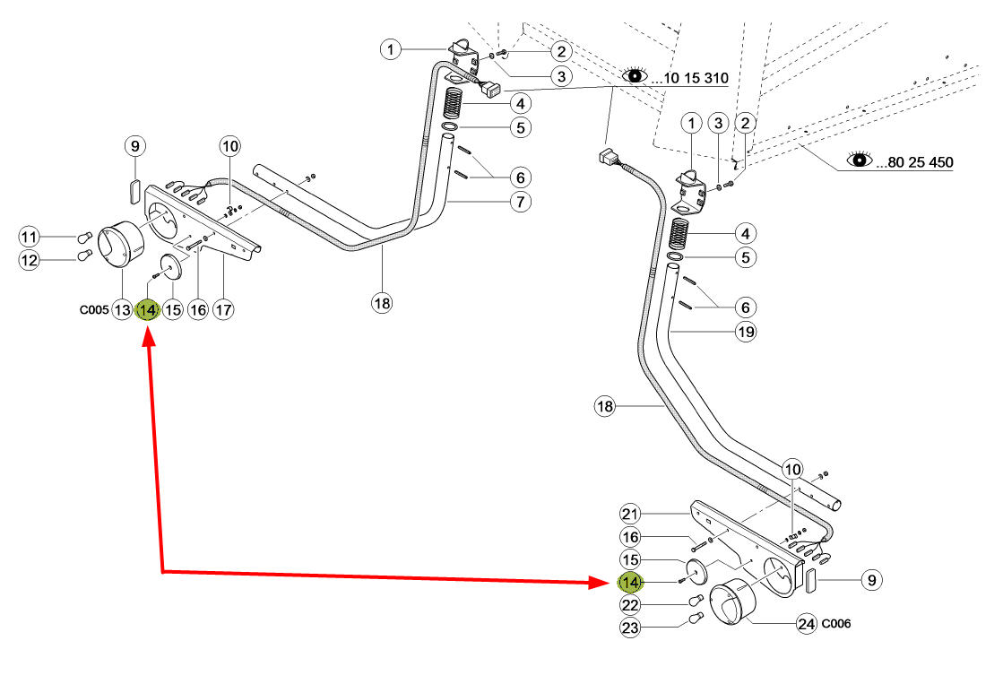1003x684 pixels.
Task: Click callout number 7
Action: tap(521, 202)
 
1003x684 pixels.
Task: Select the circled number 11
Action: tap(29, 237)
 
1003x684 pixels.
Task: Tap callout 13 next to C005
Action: tap(122, 310)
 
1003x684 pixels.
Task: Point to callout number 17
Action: tap(223, 310)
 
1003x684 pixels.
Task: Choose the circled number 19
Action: tap(746, 332)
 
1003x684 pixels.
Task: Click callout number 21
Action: tap(630, 514)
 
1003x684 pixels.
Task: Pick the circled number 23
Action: tap(630, 628)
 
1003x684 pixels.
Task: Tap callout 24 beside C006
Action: tap(807, 623)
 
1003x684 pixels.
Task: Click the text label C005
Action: tap(94, 309)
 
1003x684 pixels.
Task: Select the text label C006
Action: tap(836, 623)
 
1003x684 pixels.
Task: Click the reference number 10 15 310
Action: tap(696, 78)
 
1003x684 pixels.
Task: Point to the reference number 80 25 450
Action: tap(921, 162)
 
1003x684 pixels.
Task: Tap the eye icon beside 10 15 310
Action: tap(635, 75)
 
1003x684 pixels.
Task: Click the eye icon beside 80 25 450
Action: tap(860, 159)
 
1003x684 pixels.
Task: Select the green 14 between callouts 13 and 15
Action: tap(148, 310)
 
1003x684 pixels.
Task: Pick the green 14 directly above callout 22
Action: tap(630, 583)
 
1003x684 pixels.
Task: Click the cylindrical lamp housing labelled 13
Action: tap(121, 245)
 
